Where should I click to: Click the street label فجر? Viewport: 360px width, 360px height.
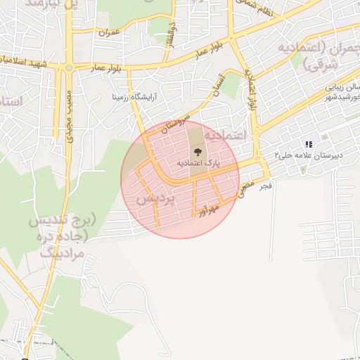[x=264, y=186]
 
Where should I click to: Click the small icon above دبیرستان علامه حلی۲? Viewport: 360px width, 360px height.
[x=309, y=144]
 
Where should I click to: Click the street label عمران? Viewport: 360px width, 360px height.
[x=110, y=32]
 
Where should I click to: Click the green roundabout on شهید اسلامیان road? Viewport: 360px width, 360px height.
[x=69, y=67]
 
